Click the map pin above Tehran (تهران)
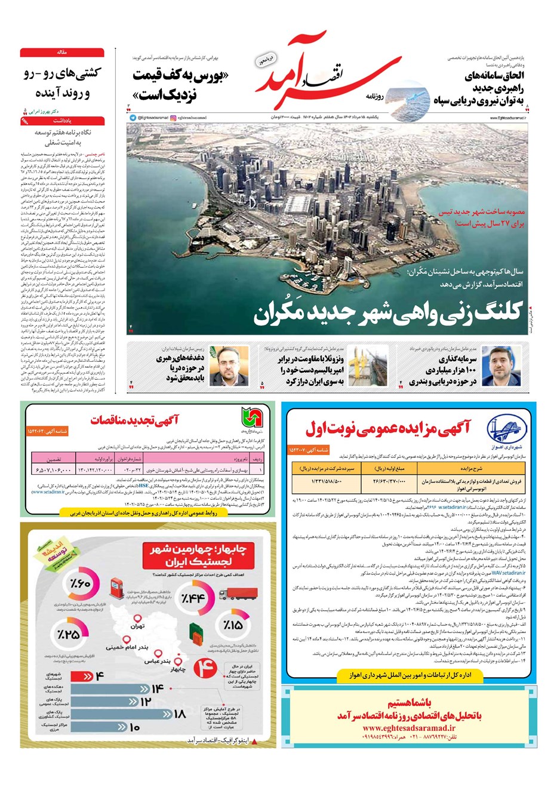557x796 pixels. click(137, 620)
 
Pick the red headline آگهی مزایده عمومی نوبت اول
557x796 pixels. click(387, 428)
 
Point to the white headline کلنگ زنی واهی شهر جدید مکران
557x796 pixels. click(388, 312)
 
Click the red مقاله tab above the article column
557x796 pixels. click(62, 53)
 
